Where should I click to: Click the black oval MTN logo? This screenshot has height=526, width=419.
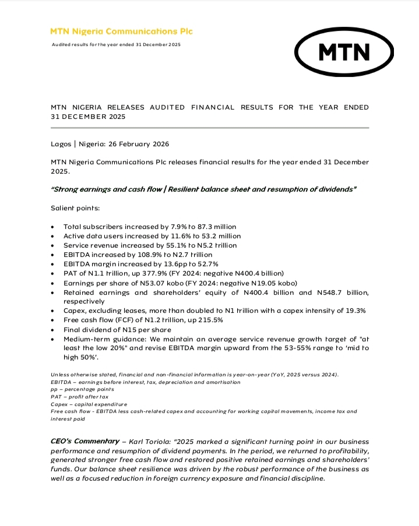(344, 52)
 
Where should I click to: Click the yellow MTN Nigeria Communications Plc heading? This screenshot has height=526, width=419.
(121, 31)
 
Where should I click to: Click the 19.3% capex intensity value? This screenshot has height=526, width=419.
(354, 310)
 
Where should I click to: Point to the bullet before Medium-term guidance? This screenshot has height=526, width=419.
(54, 338)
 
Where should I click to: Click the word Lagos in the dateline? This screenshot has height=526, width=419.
(61, 143)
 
